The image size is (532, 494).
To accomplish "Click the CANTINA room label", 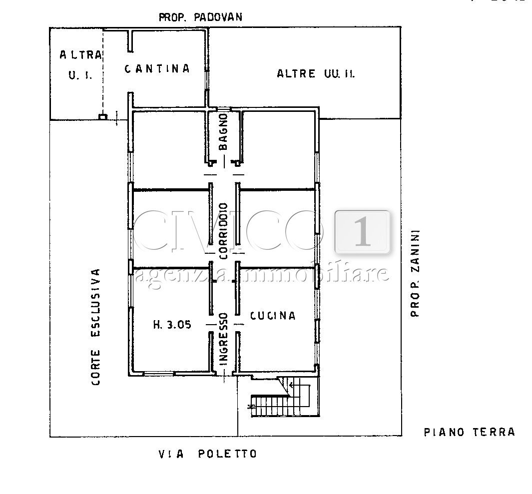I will click(157, 69).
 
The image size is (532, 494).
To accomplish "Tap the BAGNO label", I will click(223, 132).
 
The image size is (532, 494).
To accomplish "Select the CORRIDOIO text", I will click(223, 230).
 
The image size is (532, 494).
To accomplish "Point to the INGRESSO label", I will click(223, 344).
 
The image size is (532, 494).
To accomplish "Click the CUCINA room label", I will click(273, 316).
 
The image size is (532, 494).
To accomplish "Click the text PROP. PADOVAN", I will click(200, 17).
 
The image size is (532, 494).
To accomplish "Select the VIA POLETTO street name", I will click(207, 454).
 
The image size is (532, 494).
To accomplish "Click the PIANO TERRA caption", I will click(469, 432).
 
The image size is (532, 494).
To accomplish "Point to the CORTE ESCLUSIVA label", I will click(95, 327).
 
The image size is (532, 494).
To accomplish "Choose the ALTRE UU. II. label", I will click(316, 74).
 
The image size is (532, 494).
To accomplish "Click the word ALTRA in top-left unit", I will click(80, 55).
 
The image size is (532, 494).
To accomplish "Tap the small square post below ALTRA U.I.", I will click(103, 117).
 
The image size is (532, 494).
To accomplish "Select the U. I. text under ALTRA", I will click(77, 75).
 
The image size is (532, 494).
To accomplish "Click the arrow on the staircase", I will click(291, 385).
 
